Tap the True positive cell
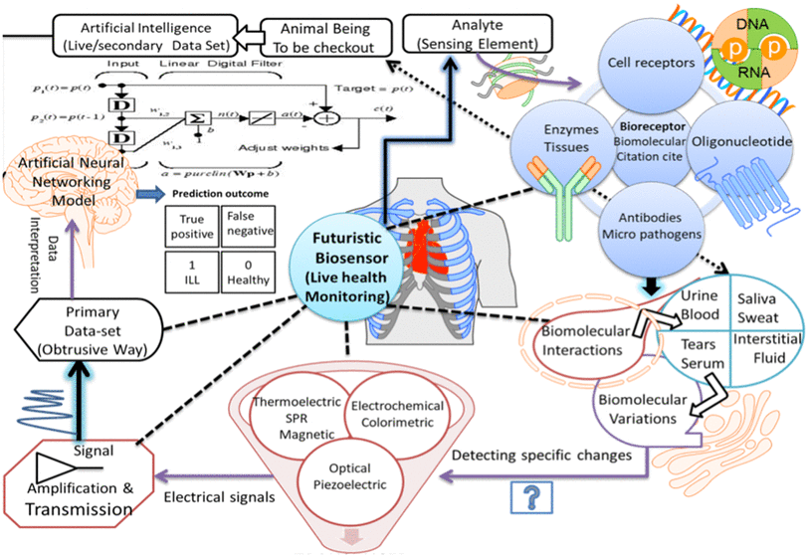click(x=191, y=226)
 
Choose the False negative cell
click(x=246, y=226)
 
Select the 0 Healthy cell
click(x=246, y=272)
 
